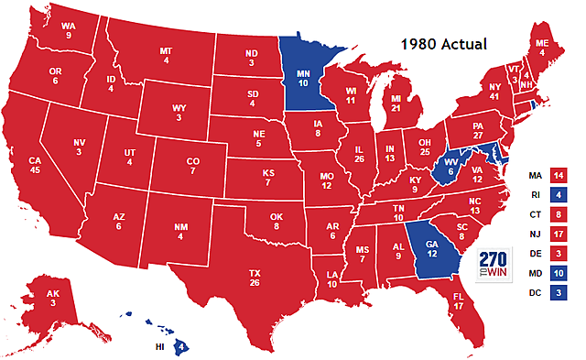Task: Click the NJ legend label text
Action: coord(536,234)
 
